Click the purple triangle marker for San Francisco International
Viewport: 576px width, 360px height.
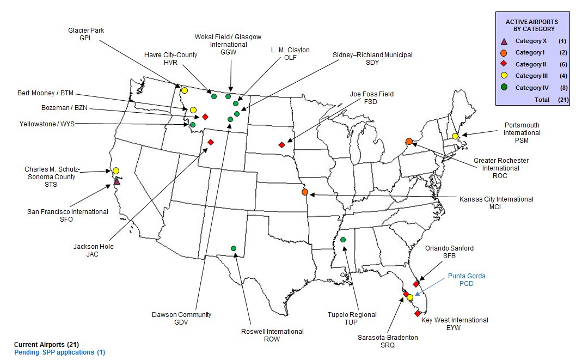click(117, 181)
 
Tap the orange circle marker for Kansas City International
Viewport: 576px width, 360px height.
click(305, 192)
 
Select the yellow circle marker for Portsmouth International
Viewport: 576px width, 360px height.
click(455, 136)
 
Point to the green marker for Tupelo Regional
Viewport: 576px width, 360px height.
click(343, 240)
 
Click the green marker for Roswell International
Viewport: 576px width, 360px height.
click(234, 248)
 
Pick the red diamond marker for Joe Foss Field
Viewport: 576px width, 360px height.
click(281, 145)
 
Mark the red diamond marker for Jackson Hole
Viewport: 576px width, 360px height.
click(211, 142)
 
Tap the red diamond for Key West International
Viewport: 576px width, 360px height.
click(418, 313)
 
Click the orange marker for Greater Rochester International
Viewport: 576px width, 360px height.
click(409, 142)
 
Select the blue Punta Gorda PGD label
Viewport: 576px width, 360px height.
click(467, 280)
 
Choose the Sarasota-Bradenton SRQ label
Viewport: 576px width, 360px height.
click(388, 341)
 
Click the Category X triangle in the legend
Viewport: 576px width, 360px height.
click(504, 41)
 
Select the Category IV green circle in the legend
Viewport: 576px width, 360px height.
click(504, 88)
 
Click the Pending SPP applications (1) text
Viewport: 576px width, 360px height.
click(60, 352)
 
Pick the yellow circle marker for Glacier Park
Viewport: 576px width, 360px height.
click(185, 90)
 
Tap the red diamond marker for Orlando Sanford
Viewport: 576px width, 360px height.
click(416, 284)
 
